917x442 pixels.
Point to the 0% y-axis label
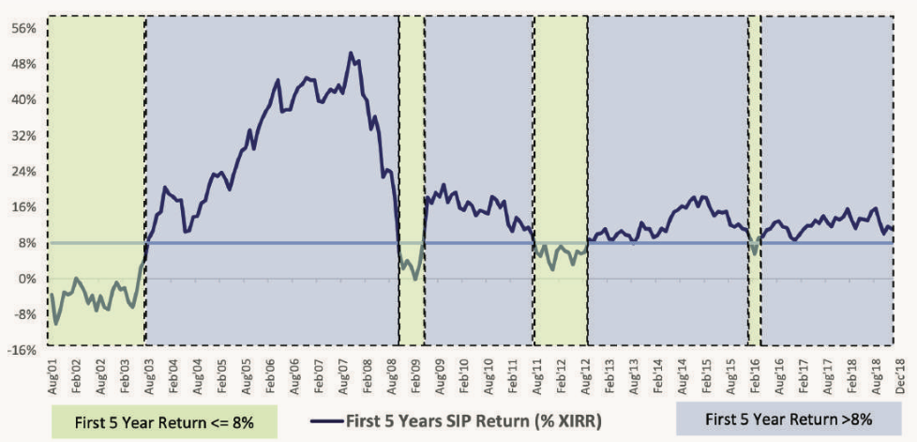point(28,279)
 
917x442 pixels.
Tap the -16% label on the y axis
point(23,350)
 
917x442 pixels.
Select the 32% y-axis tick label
point(24,135)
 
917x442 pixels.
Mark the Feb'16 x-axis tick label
point(756,370)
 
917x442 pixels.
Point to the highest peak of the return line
point(351,53)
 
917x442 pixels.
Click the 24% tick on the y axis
point(24,171)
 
